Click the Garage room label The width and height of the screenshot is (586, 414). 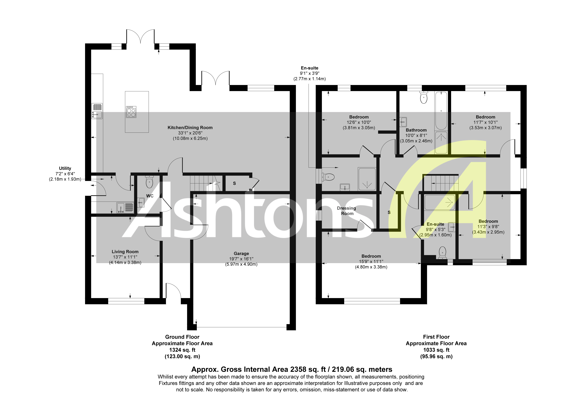point(241,253)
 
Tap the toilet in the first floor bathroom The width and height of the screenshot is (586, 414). point(424,98)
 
